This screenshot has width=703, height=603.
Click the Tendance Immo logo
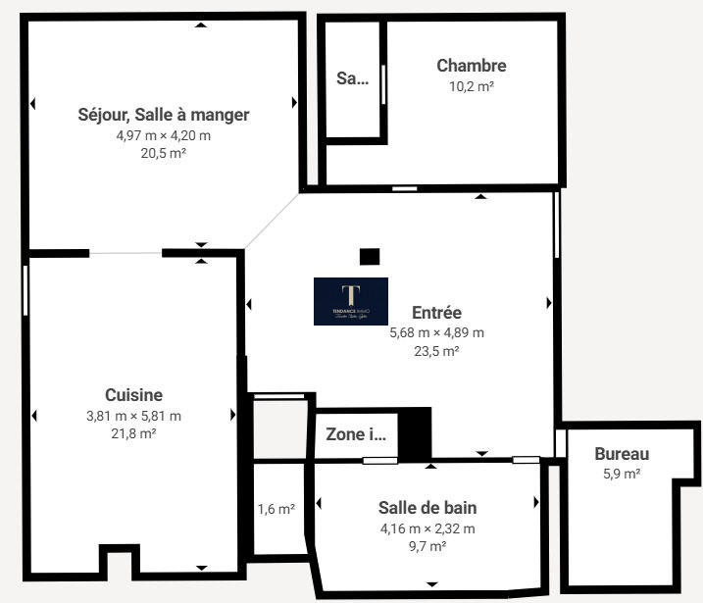350,301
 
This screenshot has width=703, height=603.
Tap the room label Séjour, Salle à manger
163,115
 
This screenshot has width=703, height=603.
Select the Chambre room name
471,66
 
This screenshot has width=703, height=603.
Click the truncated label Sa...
352,78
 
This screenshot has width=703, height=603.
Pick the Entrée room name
436,313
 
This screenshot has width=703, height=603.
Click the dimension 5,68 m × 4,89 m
436,332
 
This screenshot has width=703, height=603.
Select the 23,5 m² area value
436,350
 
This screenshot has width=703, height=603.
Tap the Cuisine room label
134,395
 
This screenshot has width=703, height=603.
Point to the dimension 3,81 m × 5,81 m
133,416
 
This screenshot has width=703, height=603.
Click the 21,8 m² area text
134,433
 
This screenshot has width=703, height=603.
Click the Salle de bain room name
427,508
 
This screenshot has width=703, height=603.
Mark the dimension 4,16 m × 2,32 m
427,528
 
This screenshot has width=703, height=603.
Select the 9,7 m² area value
427,546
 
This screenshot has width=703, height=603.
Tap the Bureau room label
622,454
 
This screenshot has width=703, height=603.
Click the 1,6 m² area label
276,509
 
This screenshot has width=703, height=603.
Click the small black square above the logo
369,257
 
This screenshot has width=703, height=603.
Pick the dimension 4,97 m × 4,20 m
163,135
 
